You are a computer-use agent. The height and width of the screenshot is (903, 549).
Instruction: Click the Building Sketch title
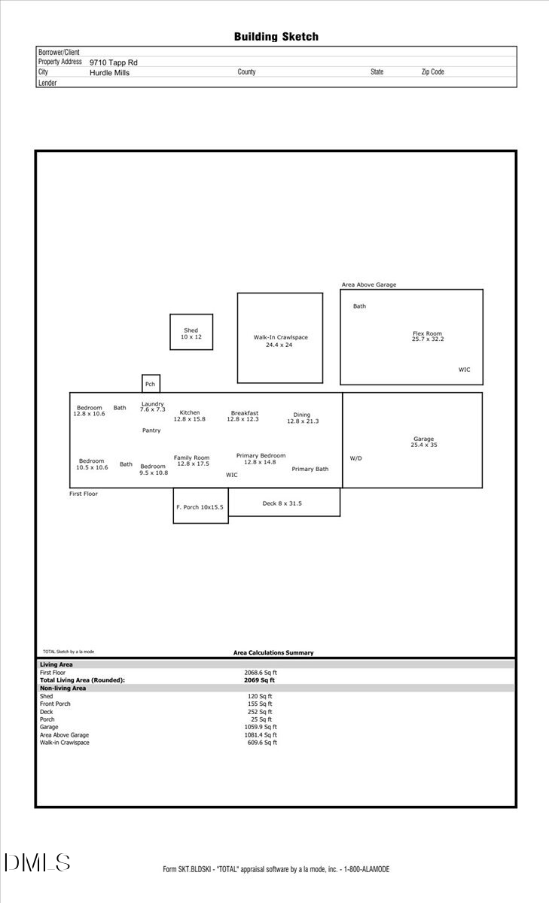[x=276, y=36]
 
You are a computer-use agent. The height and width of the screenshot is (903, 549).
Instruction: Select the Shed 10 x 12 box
[x=191, y=333]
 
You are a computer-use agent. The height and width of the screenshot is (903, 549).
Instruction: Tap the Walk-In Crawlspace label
[x=280, y=341]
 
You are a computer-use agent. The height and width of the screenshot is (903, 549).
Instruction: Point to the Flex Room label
[x=427, y=336]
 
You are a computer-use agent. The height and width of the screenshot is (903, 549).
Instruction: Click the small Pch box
[x=151, y=384]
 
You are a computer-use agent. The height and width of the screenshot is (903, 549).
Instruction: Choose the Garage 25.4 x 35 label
[x=423, y=442]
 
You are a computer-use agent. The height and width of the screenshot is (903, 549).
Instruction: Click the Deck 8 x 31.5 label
[x=282, y=503]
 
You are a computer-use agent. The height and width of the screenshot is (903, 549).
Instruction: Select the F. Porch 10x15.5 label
[x=200, y=507]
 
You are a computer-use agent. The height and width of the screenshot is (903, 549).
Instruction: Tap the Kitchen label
[x=190, y=415]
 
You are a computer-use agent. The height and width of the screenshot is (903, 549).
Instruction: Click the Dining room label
[x=302, y=418]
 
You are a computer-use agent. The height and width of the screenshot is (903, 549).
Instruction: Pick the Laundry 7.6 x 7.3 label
[x=152, y=406]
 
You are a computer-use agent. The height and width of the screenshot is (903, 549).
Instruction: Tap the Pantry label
[x=151, y=430]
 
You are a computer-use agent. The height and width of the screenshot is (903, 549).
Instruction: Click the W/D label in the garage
[x=355, y=458]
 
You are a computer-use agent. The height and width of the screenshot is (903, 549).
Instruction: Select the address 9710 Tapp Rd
[x=114, y=62]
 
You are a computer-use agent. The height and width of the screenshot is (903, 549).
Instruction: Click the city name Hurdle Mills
[x=110, y=73]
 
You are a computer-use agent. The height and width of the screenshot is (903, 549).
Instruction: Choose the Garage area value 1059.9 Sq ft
[x=260, y=727]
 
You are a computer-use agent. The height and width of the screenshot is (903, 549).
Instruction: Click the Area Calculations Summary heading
[x=273, y=652]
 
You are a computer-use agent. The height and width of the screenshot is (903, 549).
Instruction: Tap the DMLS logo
[x=37, y=863]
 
